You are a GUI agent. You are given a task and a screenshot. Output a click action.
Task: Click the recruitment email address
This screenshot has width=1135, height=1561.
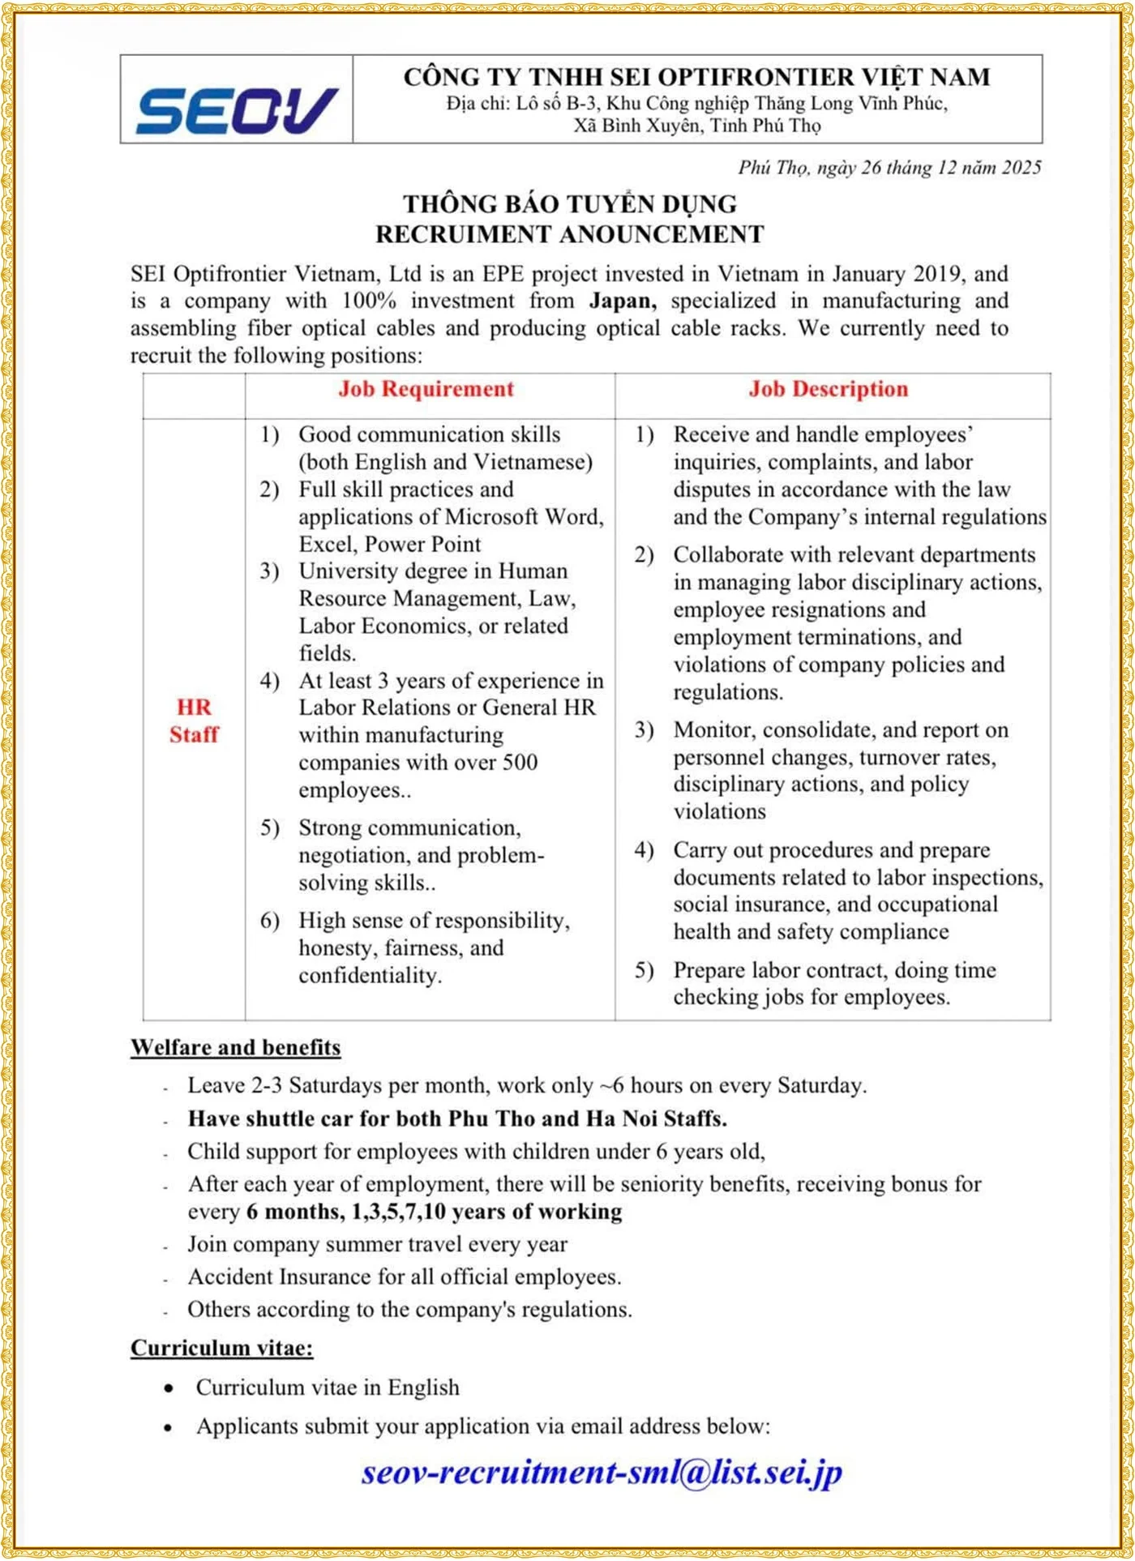(602, 1473)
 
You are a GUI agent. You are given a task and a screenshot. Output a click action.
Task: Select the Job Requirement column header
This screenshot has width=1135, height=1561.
(426, 389)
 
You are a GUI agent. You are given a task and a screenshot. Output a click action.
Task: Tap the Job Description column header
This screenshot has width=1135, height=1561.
(829, 389)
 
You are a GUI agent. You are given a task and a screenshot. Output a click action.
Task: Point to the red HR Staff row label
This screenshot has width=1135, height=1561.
(194, 721)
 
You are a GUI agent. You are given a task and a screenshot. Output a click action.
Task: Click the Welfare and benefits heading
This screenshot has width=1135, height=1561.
(236, 1047)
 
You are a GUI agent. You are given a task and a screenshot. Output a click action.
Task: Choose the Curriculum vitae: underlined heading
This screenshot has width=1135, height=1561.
(222, 1348)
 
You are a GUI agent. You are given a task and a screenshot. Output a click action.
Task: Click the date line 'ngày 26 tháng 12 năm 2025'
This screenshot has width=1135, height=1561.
(889, 168)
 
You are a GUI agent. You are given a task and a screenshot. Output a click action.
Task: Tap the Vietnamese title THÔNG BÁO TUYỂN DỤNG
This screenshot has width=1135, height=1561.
(570, 203)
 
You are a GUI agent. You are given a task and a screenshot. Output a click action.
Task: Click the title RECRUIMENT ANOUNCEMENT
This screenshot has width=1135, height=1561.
(570, 234)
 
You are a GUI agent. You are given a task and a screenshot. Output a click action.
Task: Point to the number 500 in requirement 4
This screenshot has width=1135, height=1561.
(518, 763)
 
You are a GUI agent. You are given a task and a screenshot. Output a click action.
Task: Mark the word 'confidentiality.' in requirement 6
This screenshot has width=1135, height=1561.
(370, 975)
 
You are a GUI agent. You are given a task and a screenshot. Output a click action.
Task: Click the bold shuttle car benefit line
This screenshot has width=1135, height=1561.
(457, 1118)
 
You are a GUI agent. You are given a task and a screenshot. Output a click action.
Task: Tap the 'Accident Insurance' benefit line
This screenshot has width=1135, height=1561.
(405, 1277)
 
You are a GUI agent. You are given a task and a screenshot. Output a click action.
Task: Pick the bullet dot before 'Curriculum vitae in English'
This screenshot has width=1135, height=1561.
(169, 1388)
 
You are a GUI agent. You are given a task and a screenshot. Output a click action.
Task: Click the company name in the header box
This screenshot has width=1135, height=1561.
(696, 77)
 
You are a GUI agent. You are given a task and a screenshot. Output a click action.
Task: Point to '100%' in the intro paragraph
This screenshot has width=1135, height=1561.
(369, 301)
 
